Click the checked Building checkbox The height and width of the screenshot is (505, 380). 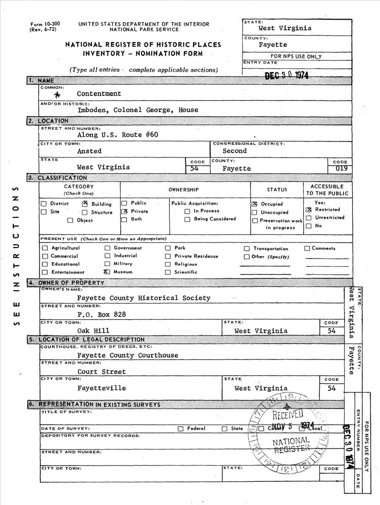pyautogui.click(x=85, y=204)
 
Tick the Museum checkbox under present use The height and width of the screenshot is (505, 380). pyautogui.click(x=107, y=271)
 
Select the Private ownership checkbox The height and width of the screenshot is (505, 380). pyautogui.click(x=124, y=212)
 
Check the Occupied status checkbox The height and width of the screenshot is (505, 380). pyautogui.click(x=254, y=204)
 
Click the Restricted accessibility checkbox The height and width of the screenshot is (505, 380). pyautogui.click(x=308, y=209)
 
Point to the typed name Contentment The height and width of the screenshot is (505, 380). pyautogui.click(x=99, y=94)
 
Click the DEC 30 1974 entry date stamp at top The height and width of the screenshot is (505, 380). pyautogui.click(x=287, y=75)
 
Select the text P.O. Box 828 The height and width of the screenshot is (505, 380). pyautogui.click(x=102, y=314)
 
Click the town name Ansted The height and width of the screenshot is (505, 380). pyautogui.click(x=89, y=151)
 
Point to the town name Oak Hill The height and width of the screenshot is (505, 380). pyautogui.click(x=93, y=331)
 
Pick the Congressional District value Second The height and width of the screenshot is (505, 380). pyautogui.click(x=235, y=151)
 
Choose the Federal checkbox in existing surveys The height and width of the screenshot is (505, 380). pyautogui.click(x=180, y=429)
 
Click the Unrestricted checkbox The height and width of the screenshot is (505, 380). pyautogui.click(x=308, y=218)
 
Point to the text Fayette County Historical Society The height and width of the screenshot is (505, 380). pyautogui.click(x=144, y=298)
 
